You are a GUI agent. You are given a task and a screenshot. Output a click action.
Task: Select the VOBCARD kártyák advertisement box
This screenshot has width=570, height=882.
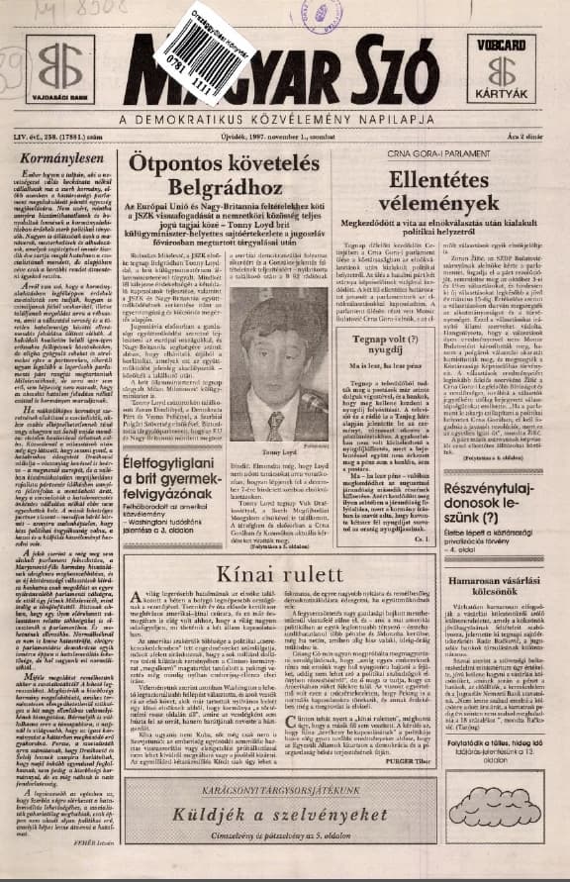(x=503, y=71)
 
